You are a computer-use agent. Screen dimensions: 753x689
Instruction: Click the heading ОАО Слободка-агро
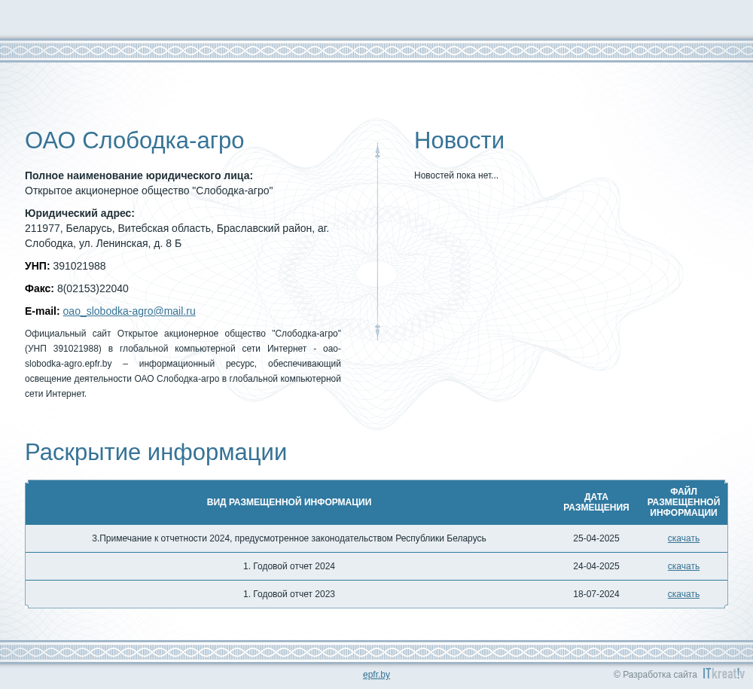tap(135, 141)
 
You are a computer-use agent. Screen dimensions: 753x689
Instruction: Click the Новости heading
tap(459, 141)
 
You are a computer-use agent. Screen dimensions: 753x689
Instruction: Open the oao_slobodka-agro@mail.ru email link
tap(130, 311)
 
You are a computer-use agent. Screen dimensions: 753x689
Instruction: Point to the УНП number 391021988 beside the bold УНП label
tap(79, 266)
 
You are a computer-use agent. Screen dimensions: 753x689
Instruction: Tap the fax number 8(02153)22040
tap(93, 288)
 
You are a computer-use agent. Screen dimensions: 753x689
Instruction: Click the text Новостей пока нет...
tap(456, 175)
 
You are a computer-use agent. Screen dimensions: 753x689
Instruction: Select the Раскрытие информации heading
tap(156, 453)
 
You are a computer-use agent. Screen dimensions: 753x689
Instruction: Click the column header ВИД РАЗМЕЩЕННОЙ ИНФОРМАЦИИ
tap(289, 502)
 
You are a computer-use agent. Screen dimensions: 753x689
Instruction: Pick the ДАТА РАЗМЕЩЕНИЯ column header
tap(596, 502)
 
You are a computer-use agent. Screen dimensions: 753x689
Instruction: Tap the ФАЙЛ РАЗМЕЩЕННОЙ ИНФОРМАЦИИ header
tap(684, 502)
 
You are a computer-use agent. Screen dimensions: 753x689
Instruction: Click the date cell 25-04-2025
tap(596, 538)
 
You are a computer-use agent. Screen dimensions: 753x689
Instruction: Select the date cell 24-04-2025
tap(596, 566)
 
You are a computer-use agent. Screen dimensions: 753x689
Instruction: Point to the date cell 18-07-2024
tap(596, 594)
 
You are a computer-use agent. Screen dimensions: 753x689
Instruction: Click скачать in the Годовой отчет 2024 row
tap(684, 566)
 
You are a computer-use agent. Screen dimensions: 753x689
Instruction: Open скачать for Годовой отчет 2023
tap(684, 594)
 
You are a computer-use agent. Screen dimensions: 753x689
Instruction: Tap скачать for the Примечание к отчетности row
tap(684, 538)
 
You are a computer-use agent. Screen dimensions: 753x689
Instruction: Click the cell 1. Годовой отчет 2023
tap(289, 594)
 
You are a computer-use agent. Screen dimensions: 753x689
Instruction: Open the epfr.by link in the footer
tap(376, 675)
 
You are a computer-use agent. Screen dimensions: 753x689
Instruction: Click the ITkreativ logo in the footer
tap(724, 673)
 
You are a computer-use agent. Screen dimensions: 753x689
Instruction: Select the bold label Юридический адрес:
tap(80, 213)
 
